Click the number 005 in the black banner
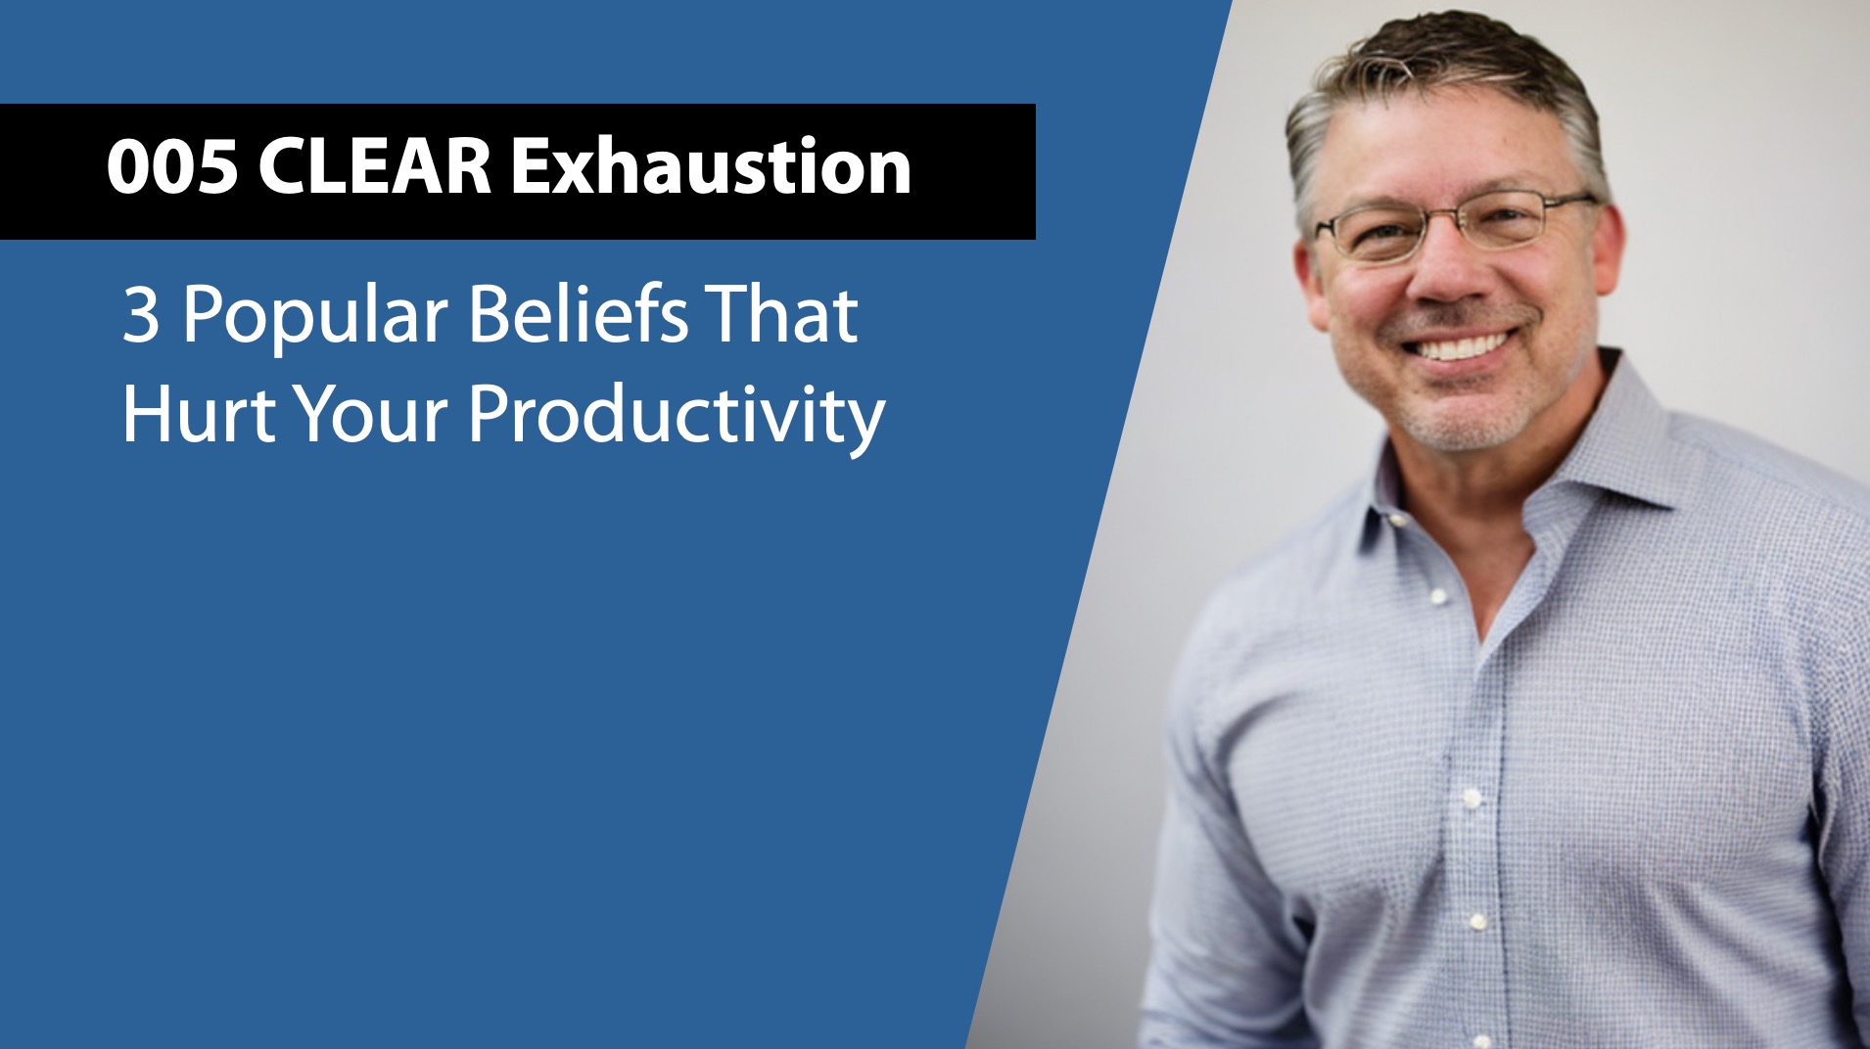[x=172, y=167]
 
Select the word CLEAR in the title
[x=375, y=167]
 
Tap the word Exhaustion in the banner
[x=711, y=167]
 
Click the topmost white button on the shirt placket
[x=1438, y=596]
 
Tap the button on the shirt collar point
[x=1395, y=520]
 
